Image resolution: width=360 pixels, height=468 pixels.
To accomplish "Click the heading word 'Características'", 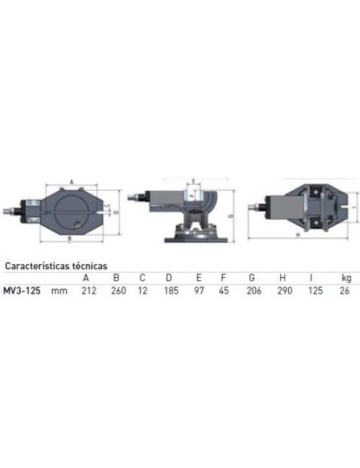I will tap(36, 265).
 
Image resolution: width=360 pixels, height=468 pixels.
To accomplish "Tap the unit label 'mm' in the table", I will tap(60, 291).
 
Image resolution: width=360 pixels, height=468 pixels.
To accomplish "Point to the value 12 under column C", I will tap(143, 291).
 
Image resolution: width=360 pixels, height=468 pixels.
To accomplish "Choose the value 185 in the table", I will tap(168, 291).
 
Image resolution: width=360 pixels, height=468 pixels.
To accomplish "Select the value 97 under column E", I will tap(199, 291).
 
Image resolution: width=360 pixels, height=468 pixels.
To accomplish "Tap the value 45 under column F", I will tap(223, 291).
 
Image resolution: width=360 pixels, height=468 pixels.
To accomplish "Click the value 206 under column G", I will tap(252, 291).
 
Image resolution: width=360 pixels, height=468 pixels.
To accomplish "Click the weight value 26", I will tap(346, 291).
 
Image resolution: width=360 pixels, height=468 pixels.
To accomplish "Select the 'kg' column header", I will tap(346, 278).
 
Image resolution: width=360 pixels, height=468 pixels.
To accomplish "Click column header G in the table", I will tap(252, 278).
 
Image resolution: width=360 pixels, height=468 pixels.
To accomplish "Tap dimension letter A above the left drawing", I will tap(73, 181).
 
